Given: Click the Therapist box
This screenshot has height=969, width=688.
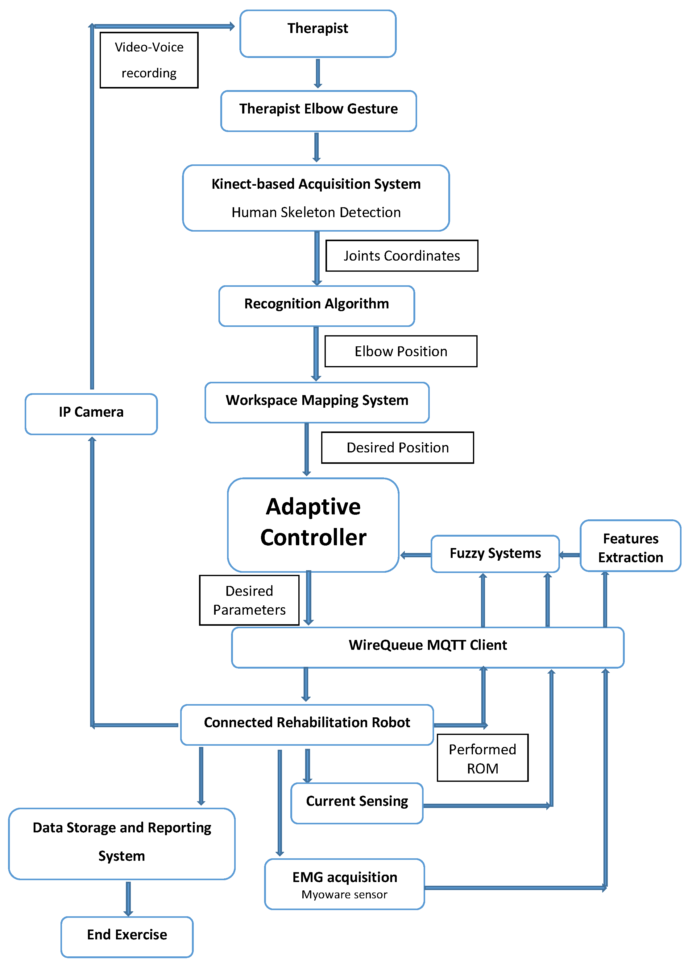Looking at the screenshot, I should [318, 34].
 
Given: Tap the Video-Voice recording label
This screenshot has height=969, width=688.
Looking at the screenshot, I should [149, 60].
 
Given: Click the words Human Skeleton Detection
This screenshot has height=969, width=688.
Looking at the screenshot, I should [316, 212].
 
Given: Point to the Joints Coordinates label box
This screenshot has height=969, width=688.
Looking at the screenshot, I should [402, 256].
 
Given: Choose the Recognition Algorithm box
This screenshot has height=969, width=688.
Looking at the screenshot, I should [317, 306].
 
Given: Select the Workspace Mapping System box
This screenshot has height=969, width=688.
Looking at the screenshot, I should [317, 402].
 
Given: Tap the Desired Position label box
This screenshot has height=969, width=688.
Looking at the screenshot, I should [397, 448].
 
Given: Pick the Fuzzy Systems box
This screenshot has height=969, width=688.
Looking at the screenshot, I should [495, 554].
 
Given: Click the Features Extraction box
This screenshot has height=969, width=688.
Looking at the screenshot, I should [630, 546].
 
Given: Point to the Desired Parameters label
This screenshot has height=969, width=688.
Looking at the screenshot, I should [249, 600].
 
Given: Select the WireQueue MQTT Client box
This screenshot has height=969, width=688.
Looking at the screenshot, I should [428, 647].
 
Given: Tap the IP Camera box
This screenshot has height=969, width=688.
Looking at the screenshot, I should [91, 414].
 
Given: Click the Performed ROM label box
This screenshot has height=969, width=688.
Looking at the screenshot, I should [483, 758].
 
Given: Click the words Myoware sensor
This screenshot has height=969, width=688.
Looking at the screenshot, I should [344, 894].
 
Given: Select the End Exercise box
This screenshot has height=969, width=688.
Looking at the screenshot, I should [127, 936].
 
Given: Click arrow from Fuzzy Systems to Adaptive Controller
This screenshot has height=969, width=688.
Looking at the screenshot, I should [416, 555].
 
